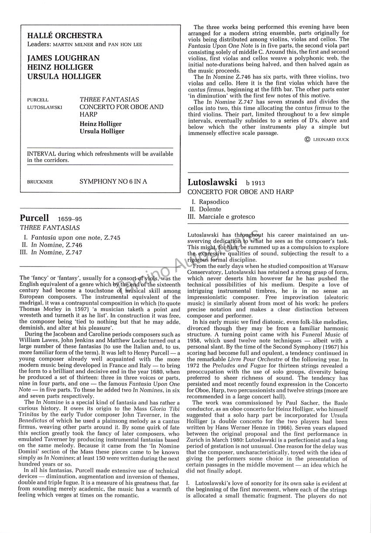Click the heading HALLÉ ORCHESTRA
[65, 36]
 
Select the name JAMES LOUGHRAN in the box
[63, 58]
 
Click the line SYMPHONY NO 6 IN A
[113, 182]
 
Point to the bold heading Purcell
[34, 218]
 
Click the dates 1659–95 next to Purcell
[69, 219]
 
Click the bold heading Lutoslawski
[213, 182]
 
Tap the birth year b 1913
[255, 183]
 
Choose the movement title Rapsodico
[214, 202]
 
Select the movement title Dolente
[210, 209]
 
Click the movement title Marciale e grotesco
[227, 217]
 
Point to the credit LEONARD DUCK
[331, 140]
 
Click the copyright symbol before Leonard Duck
[307, 140]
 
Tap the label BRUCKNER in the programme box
[40, 182]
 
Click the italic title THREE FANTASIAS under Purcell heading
[50, 228]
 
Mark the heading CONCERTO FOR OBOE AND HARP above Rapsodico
[240, 192]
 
